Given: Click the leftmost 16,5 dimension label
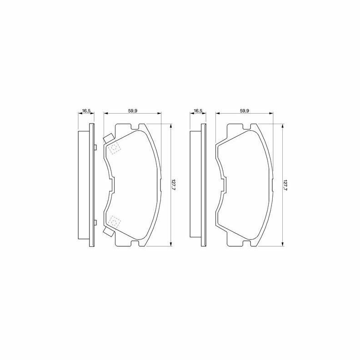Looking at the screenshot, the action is pyautogui.click(x=86, y=110).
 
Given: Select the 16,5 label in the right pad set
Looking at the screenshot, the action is pyautogui.click(x=198, y=110).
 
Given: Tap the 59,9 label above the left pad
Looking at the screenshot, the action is pyautogui.click(x=132, y=110).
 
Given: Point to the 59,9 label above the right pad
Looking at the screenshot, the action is pyautogui.click(x=245, y=110).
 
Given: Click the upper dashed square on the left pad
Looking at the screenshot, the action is pyautogui.click(x=115, y=148).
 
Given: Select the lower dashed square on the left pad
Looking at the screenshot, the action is pyautogui.click(x=115, y=222).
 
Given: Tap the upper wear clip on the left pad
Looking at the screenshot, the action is pyautogui.click(x=108, y=138).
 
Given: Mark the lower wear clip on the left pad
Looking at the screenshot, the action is pyautogui.click(x=108, y=232).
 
